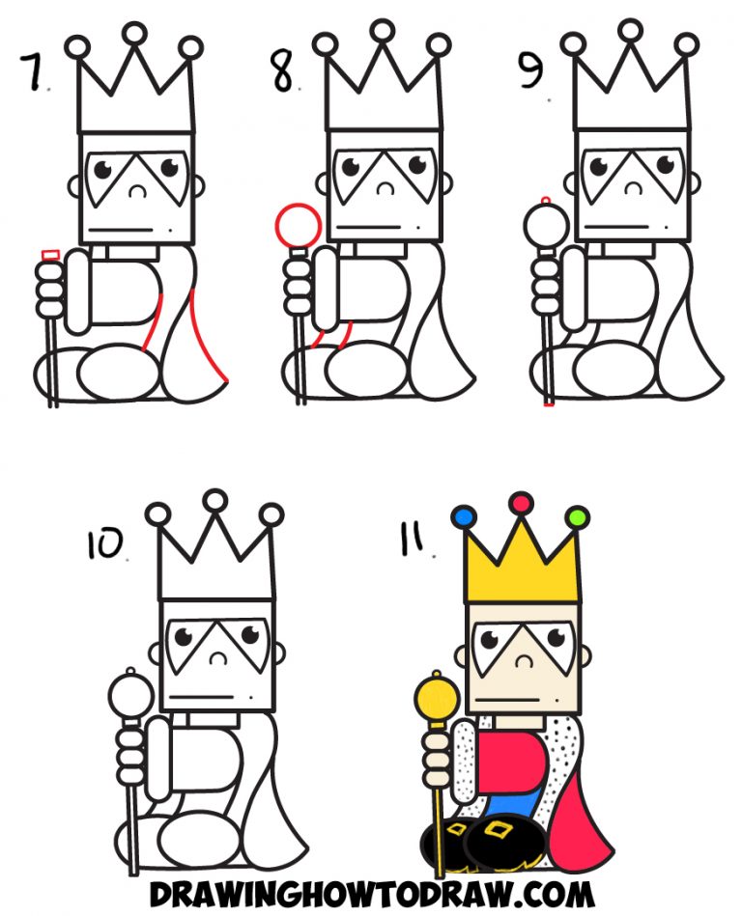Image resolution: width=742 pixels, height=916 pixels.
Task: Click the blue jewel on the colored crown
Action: pyautogui.click(x=464, y=518)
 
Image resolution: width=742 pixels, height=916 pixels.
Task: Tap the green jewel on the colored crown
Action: pyautogui.click(x=578, y=518)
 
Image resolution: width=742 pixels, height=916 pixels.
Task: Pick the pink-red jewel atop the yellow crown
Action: pyautogui.click(x=522, y=502)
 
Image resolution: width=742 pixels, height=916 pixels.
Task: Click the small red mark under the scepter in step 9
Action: pyautogui.click(x=549, y=406)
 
